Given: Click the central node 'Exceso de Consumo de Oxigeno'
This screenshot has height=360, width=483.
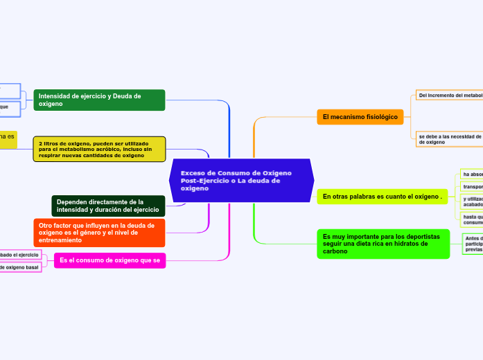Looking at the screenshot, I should [x=241, y=180].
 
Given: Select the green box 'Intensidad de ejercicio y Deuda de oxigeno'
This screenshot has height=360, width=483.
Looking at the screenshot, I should [x=98, y=100].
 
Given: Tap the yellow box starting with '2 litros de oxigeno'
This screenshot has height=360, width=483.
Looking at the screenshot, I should [x=99, y=149].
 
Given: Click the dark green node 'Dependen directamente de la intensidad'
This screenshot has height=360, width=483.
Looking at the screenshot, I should [x=108, y=206].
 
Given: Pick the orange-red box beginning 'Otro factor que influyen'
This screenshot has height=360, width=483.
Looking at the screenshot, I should [x=99, y=233].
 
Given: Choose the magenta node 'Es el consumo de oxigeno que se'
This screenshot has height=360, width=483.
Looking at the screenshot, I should [x=109, y=260].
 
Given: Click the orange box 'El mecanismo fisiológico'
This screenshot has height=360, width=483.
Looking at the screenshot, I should [x=360, y=117].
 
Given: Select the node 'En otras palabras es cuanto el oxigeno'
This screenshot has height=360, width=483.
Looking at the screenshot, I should [x=383, y=197].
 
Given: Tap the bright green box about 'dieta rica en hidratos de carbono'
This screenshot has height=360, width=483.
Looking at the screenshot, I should [x=383, y=244].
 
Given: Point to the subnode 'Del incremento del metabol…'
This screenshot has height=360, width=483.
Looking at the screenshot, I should [x=449, y=95].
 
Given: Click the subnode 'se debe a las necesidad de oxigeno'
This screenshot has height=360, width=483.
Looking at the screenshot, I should [x=449, y=138].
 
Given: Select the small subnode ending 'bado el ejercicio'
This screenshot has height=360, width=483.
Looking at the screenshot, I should [x=19, y=255].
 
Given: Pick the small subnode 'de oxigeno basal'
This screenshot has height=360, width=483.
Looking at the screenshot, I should [x=19, y=267].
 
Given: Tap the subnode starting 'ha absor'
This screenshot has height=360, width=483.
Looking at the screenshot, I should [x=471, y=174].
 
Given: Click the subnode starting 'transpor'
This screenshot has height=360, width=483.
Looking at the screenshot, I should [x=472, y=187].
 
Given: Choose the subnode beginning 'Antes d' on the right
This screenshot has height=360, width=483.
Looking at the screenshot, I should [x=473, y=244].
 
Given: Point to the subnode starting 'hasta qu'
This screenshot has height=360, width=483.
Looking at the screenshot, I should [x=472, y=219].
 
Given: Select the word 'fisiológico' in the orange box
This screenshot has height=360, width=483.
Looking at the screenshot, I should [x=380, y=117].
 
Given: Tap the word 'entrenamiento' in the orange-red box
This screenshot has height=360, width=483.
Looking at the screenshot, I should [x=60, y=240].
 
